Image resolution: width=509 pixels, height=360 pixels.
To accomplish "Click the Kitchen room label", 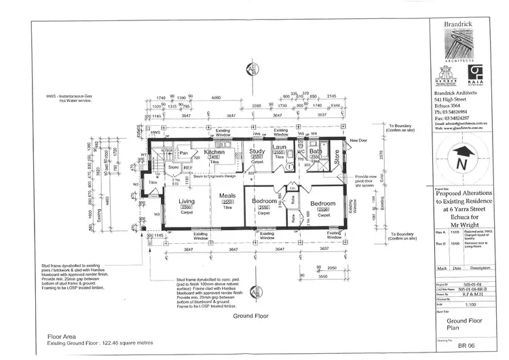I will click(214, 152).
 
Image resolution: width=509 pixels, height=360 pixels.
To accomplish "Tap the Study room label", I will click(257, 154).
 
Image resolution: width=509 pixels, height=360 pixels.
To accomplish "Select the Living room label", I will click(187, 201).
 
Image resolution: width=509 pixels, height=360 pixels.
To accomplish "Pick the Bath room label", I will click(316, 152).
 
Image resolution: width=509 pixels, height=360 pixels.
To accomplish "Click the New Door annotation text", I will click(358, 141).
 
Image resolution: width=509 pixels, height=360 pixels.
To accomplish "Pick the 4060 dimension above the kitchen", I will click(216, 98).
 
